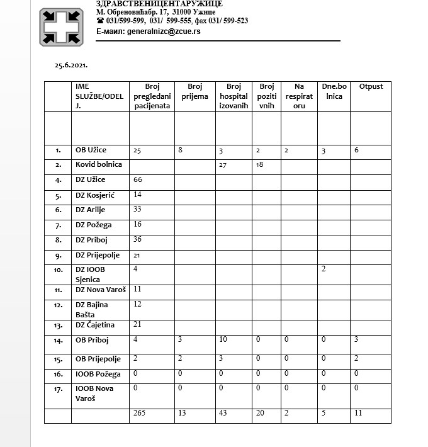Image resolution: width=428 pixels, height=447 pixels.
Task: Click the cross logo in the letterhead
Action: pos(61,27)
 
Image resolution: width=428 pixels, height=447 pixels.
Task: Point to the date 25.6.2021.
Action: pos(70,65)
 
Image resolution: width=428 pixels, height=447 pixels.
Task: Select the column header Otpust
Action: pos(371,86)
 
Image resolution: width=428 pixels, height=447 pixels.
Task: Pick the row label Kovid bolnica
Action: pos(98,164)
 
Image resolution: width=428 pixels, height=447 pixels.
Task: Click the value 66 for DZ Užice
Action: pos(138,180)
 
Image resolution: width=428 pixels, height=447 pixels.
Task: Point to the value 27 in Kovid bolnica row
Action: pos(222,165)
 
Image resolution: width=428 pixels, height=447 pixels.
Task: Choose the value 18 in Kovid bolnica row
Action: pos(260,165)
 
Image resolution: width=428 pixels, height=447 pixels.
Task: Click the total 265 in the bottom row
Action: pos(140,412)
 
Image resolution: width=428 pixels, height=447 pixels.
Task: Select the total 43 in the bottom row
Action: pos(223,412)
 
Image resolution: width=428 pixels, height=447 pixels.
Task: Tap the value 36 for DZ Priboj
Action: pos(138,240)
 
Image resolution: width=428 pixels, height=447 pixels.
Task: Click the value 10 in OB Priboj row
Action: pos(223,341)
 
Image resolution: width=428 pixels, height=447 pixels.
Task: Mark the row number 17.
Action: pos(58,389)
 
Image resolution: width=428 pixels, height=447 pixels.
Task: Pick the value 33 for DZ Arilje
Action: pos(138,210)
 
